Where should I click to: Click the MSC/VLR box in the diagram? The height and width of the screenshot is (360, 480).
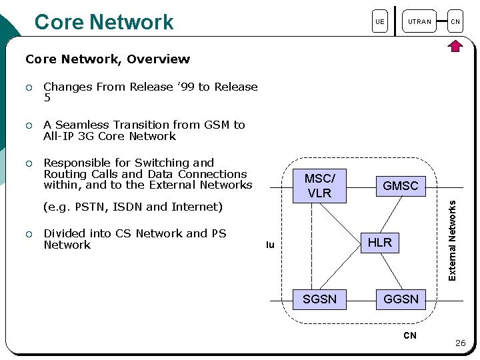tap(319, 186)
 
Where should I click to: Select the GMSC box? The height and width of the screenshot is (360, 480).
tap(401, 186)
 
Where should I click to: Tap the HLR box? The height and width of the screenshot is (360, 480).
tap(380, 243)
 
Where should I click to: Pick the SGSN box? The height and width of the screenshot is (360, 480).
tap(319, 299)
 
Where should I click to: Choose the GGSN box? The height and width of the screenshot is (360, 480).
tap(401, 299)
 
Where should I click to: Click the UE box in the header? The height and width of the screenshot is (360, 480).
tap(380, 21)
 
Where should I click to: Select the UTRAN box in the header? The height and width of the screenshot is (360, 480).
tap(419, 21)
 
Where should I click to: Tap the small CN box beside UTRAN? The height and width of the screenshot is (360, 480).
tap(455, 21)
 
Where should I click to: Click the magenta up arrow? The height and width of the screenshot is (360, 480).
tap(455, 46)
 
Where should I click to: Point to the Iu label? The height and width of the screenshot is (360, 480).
tap(270, 245)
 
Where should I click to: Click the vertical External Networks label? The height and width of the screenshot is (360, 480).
tap(452, 241)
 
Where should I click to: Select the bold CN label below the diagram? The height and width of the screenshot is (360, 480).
tap(410, 335)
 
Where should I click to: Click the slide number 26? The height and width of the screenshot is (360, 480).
tap(461, 343)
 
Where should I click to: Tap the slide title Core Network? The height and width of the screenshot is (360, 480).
tap(104, 22)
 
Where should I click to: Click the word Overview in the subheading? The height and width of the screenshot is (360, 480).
tap(158, 59)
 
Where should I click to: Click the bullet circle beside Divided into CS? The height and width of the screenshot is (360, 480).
tap(29, 235)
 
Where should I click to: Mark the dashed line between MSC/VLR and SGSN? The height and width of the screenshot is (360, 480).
tap(311, 246)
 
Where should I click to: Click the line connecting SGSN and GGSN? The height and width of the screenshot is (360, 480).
tap(361, 301)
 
